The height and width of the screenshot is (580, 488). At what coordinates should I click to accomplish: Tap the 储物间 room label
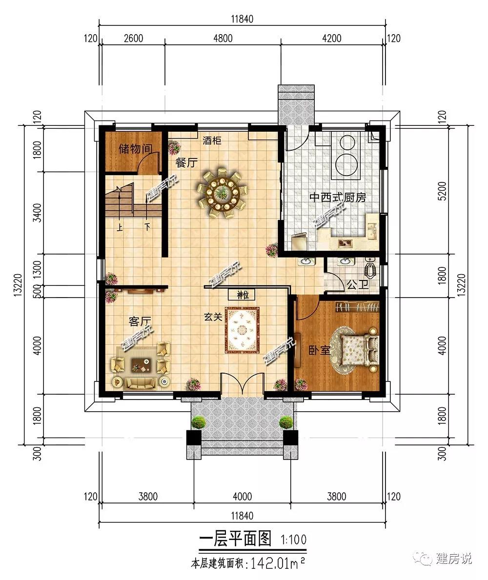pyautogui.click(x=135, y=149)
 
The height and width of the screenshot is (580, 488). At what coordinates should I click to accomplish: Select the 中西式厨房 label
pyautogui.click(x=338, y=197)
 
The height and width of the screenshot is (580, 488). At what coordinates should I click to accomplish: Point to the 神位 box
pyautogui.click(x=243, y=295)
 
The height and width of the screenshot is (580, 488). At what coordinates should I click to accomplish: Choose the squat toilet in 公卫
pyautogui.click(x=371, y=268)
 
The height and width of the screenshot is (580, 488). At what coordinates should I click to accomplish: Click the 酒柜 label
pyautogui.click(x=212, y=141)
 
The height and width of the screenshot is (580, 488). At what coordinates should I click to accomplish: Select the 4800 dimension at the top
pyautogui.click(x=223, y=38)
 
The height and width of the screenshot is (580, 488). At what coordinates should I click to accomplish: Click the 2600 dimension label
pyautogui.click(x=133, y=38)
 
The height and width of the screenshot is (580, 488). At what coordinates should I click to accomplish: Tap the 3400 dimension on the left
pyautogui.click(x=38, y=213)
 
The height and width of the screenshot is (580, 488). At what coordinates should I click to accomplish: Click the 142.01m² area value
pyautogui.click(x=278, y=563)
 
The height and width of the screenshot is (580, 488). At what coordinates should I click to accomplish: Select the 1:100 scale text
pyautogui.click(x=293, y=540)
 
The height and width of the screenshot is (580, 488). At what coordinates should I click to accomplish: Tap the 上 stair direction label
pyautogui.click(x=120, y=227)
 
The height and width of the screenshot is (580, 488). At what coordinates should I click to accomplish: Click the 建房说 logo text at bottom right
pyautogui.click(x=453, y=558)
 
